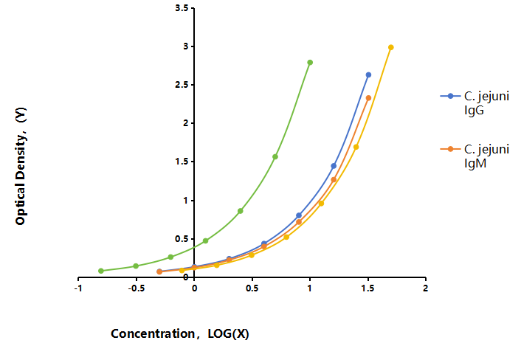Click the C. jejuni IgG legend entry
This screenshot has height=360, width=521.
coord(475,103)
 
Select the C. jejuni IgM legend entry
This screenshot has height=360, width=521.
coord(475,156)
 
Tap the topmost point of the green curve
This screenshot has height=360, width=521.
coord(310,63)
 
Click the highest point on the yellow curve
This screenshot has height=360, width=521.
coord(391,47)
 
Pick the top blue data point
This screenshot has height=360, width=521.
coord(368,75)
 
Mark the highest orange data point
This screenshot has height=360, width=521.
coord(368,98)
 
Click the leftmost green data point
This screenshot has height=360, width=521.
coord(101,271)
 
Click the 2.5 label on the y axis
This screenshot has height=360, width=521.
coord(182,85)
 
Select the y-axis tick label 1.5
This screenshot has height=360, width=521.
coord(182,162)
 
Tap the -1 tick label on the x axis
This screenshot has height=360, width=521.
coord(78,288)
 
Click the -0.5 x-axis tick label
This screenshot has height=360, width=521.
coord(137,288)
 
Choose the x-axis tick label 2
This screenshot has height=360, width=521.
coord(426,288)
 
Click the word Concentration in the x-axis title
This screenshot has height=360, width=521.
coord(153,333)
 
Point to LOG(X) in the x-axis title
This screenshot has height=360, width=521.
coord(228,333)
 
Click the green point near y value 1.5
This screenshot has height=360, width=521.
coord(275,156)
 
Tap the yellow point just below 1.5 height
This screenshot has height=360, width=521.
coord(356,147)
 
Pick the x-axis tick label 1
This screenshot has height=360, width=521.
coord(310,288)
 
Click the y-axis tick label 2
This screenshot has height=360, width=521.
coord(186,123)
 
